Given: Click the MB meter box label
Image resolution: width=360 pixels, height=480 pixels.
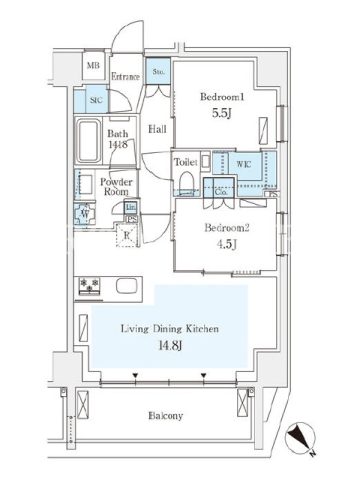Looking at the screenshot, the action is click(93, 65).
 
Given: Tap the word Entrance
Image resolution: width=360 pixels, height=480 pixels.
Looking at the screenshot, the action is click(125, 77).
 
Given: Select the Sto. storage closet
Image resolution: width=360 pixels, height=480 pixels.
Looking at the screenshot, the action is click(158, 71).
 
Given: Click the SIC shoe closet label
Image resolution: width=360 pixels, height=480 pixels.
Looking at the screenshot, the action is click(96, 100).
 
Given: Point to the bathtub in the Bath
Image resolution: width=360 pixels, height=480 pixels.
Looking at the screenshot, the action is click(89, 140).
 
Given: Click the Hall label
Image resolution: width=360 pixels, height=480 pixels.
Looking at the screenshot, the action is click(157, 129).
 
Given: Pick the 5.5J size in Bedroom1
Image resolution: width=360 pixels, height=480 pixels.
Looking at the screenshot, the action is click(221, 113).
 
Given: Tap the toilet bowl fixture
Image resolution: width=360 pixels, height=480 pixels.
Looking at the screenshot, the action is click(187, 182).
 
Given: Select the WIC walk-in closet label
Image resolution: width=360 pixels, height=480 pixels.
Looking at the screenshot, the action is click(244, 164).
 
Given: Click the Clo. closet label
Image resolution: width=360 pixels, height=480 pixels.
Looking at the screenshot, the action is click(221, 193).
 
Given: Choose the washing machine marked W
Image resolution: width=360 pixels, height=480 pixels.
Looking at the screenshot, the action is click(85, 214).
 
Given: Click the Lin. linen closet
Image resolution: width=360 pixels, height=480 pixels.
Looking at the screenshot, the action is click(131, 208).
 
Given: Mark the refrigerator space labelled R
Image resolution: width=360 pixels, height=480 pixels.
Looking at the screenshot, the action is click(127, 235).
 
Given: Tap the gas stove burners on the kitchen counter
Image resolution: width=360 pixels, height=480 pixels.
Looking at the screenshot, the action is click(89, 286).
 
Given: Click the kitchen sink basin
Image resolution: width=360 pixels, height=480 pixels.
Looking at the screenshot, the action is click(127, 286).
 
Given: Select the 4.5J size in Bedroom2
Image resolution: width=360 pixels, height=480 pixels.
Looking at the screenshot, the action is click(226, 245).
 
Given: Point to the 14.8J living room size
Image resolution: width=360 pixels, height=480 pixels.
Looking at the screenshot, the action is click(170, 346).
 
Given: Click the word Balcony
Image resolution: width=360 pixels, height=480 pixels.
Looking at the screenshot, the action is click(166, 416).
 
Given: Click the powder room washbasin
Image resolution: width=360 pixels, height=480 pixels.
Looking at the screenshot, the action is click(86, 184).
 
